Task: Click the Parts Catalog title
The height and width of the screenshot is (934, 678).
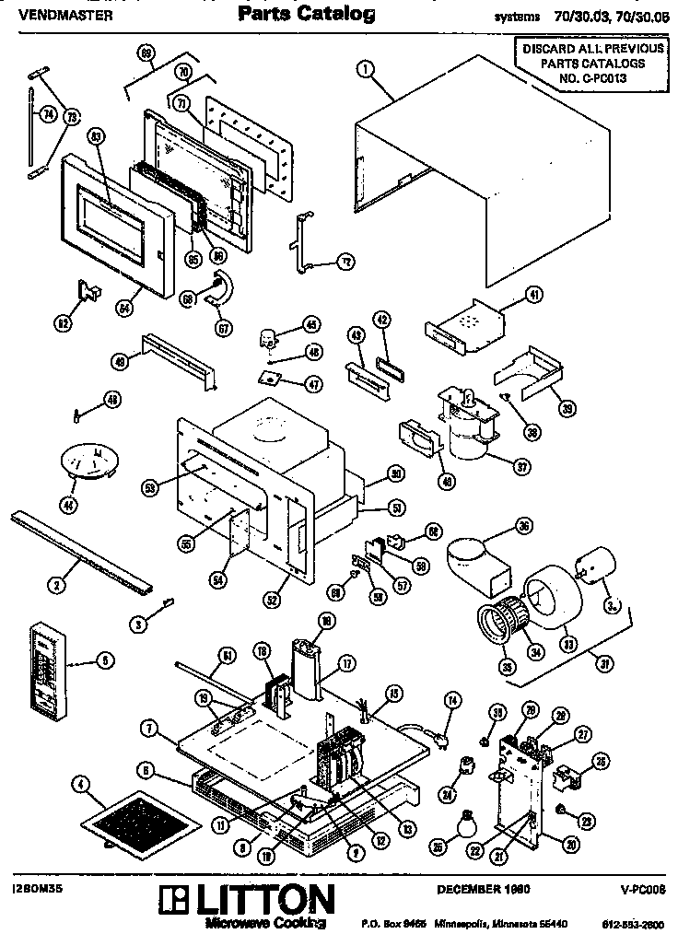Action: [306, 13]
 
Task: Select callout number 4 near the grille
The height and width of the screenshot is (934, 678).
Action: [82, 785]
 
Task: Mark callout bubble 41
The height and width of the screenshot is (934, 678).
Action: [533, 295]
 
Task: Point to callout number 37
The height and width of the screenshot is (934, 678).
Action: [521, 466]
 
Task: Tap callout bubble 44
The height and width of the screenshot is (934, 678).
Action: [68, 503]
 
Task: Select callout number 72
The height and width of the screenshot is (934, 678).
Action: [345, 262]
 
